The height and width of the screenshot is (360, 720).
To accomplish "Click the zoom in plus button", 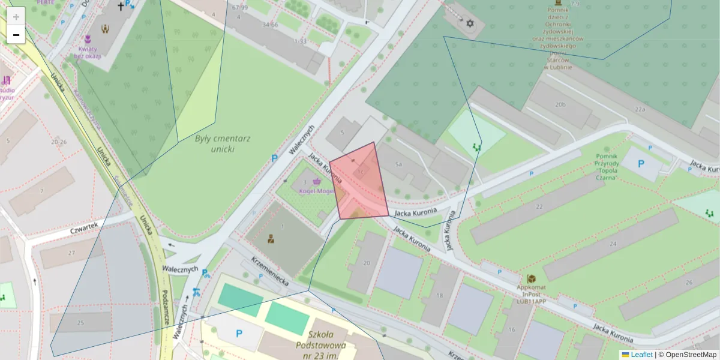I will [16, 17].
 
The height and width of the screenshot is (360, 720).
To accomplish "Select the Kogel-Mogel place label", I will [316, 191].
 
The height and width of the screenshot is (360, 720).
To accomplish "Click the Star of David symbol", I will [470, 24].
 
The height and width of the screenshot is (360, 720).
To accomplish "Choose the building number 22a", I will [640, 109].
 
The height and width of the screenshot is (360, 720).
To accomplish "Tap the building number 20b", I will [560, 104].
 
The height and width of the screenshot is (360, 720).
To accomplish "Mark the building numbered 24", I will [613, 244].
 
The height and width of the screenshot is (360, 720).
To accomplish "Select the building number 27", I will [72, 253].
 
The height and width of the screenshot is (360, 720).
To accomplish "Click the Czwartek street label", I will [83, 229].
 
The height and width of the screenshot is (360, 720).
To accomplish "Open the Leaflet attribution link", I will [641, 355].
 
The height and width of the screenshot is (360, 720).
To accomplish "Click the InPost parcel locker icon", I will [531, 279].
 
